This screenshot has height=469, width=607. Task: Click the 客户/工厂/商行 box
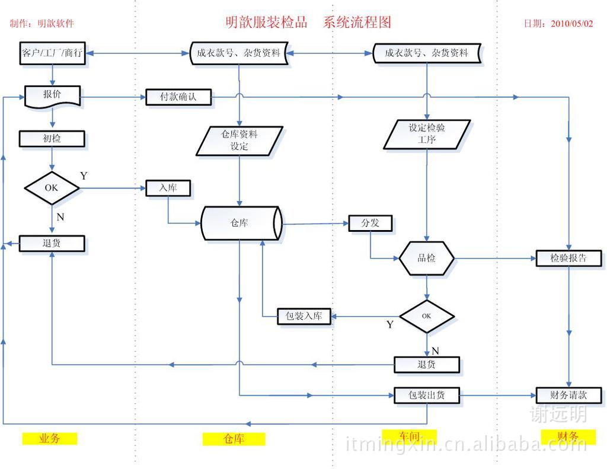pyautogui.click(x=52, y=53)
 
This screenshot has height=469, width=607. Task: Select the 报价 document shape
pyautogui.click(x=52, y=95)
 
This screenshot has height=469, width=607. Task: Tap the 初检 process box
pyautogui.click(x=52, y=139)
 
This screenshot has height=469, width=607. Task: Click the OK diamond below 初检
pyautogui.click(x=52, y=188)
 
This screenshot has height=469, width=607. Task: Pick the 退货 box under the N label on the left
pyautogui.click(x=52, y=243)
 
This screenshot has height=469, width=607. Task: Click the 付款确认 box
pyautogui.click(x=178, y=97)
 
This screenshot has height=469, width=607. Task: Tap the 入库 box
pyautogui.click(x=168, y=189)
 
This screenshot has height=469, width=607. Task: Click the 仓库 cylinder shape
pyautogui.click(x=239, y=224)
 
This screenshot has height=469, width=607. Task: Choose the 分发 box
pyautogui.click(x=370, y=223)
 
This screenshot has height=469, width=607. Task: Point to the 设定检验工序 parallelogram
pyautogui.click(x=426, y=134)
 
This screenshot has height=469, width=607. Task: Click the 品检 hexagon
pyautogui.click(x=427, y=259)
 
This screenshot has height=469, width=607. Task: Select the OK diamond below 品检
pyautogui.click(x=427, y=316)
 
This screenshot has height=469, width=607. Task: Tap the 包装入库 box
pyautogui.click(x=304, y=316)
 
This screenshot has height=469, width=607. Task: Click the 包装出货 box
pyautogui.click(x=427, y=395)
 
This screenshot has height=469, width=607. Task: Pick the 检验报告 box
pyautogui.click(x=568, y=258)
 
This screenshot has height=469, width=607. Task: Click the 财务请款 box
pyautogui.click(x=568, y=395)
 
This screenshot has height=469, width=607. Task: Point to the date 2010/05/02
pyautogui.click(x=571, y=24)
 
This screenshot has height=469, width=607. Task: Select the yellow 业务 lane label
pyautogui.click(x=50, y=439)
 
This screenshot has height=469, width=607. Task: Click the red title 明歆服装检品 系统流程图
pyautogui.click(x=308, y=23)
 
